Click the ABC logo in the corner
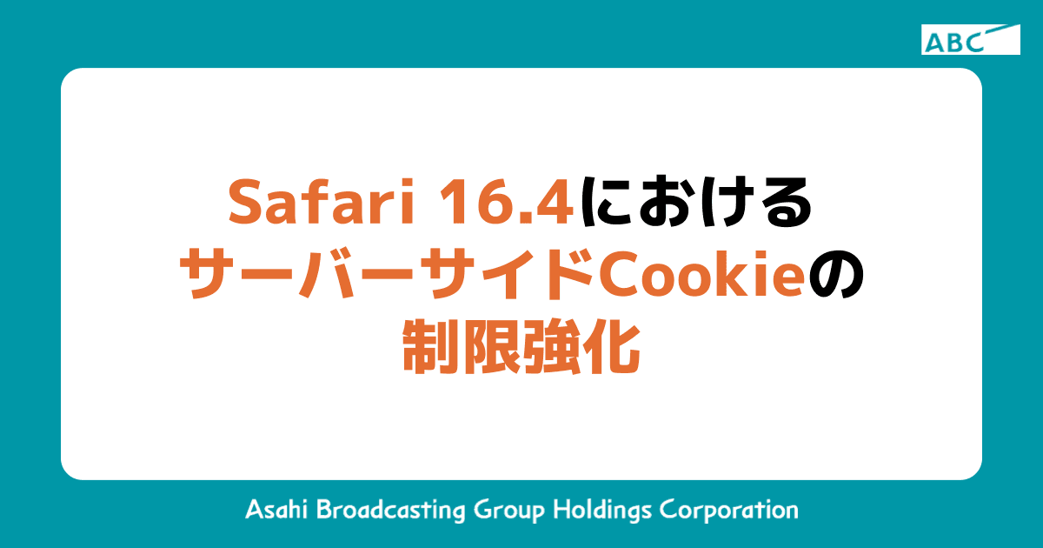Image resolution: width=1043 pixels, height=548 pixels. coord(970,40)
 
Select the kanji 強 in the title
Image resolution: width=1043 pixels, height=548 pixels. coord(552,348)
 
